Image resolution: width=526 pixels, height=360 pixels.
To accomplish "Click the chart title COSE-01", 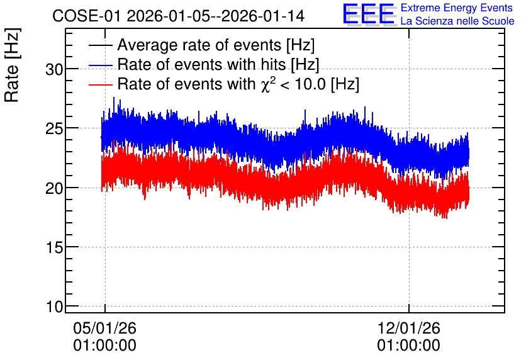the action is [86, 16].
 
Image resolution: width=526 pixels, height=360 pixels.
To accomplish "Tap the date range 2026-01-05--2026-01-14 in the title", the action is [216, 16].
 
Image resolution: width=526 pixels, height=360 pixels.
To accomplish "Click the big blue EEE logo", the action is [369, 14].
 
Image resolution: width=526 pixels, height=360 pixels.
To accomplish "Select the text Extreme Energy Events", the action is [457, 8].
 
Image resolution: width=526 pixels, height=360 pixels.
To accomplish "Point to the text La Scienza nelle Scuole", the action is [457, 21].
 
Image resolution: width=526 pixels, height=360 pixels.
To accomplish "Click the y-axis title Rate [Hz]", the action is [12, 65].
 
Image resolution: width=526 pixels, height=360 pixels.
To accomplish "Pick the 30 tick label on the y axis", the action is [54, 69].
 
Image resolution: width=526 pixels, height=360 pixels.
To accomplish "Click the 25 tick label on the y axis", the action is [54, 128].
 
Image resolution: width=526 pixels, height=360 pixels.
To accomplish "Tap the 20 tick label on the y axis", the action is [54, 188].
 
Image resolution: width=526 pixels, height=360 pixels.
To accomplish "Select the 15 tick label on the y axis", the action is [54, 247].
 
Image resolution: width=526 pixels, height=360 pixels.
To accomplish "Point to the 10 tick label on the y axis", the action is [54, 307].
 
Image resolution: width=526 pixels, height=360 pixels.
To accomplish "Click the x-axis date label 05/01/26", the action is [105, 328].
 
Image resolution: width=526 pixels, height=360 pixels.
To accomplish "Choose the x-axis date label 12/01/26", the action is [408, 328].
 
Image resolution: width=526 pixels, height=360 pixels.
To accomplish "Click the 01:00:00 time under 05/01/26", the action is [105, 345].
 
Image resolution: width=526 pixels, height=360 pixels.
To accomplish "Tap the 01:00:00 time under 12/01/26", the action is [408, 345].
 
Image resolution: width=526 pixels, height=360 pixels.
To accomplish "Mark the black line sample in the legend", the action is [100, 45].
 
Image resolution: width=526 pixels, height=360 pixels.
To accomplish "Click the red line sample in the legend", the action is [100, 85].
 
